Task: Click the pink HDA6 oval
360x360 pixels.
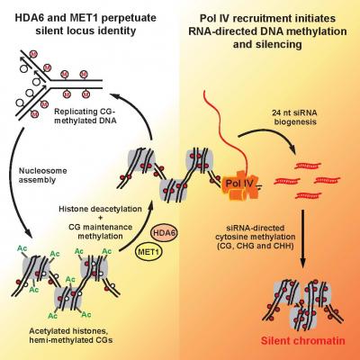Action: (164, 234)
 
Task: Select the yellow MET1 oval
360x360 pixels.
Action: (148, 251)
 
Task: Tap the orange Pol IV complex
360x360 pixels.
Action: (239, 185)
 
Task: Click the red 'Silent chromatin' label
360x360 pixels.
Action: (302, 341)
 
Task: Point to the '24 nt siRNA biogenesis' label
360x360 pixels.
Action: (295, 117)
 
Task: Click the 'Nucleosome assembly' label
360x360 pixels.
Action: (43, 175)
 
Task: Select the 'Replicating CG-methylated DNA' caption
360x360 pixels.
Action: (85, 116)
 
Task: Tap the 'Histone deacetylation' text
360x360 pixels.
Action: (100, 209)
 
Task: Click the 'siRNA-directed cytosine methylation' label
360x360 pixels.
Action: (259, 232)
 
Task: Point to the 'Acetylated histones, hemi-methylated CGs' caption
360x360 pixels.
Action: (71, 336)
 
